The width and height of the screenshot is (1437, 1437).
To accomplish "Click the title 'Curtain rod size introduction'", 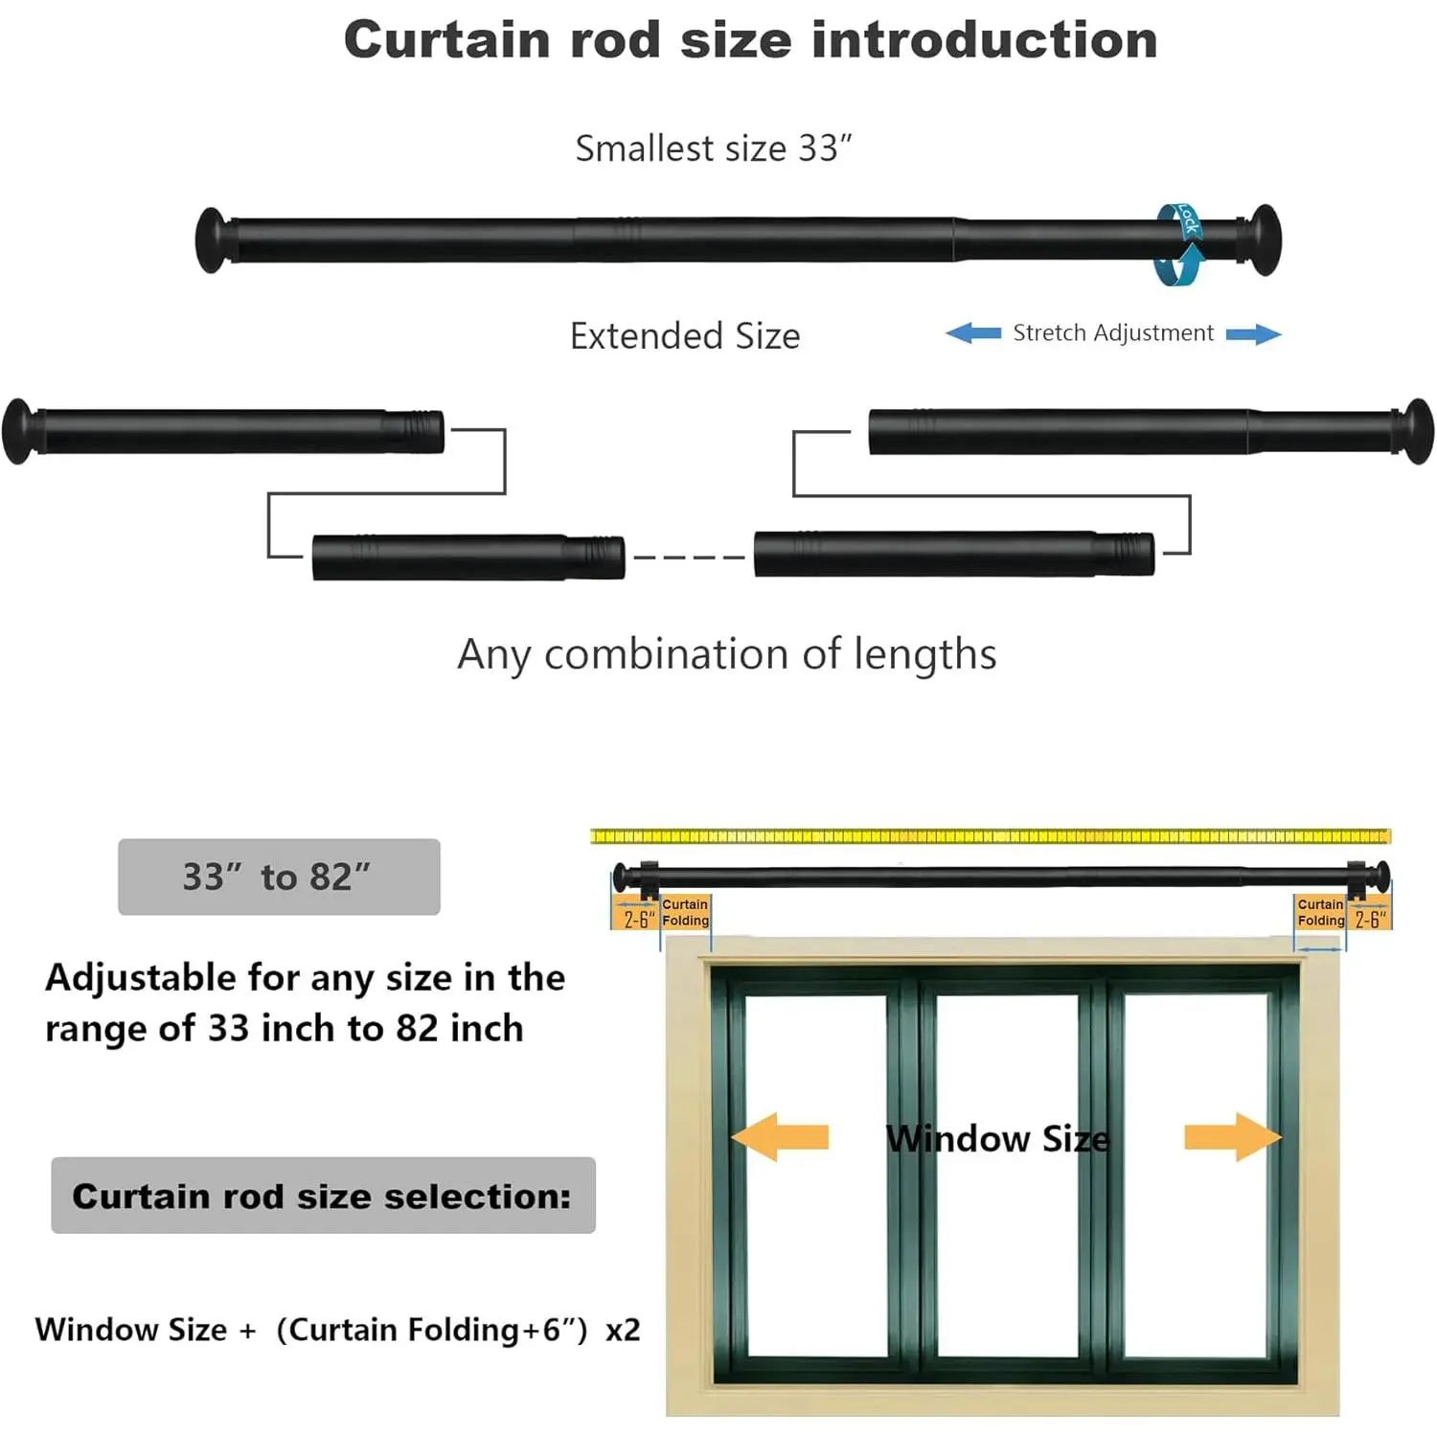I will click(750, 40).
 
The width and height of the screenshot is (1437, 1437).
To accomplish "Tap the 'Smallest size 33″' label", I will click(713, 148).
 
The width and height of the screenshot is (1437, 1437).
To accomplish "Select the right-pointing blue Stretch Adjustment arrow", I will click(1253, 333).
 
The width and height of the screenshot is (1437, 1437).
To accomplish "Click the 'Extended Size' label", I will click(684, 336).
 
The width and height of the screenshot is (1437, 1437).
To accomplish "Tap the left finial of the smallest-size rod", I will click(211, 239).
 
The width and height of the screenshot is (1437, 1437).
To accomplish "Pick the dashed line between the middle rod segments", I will click(689, 557).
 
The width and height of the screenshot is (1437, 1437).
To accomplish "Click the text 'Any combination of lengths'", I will click(726, 654).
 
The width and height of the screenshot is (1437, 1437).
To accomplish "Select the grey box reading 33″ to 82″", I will click(279, 877).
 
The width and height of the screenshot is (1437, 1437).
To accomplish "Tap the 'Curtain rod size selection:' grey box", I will click(323, 1196).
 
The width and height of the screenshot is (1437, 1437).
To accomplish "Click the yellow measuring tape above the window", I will click(990, 836).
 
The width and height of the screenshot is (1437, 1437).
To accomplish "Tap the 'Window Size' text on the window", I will click(997, 1139).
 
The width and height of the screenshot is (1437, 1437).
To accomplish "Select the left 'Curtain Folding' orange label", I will click(685, 912).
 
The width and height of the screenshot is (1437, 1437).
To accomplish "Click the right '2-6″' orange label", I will click(1370, 919).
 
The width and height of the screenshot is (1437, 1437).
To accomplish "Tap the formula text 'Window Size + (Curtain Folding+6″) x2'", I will click(337, 1330).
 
